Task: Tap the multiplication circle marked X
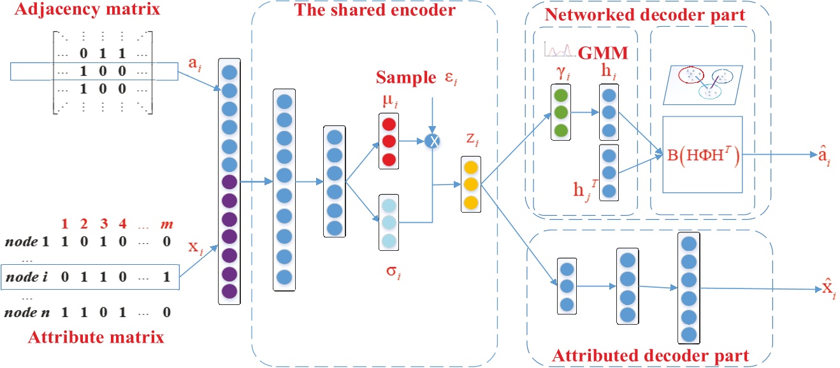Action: click(x=433, y=141)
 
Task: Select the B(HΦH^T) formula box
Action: click(x=701, y=155)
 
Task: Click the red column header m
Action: click(x=168, y=224)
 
